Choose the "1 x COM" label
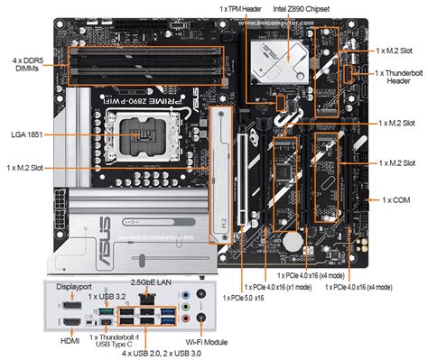398,198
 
